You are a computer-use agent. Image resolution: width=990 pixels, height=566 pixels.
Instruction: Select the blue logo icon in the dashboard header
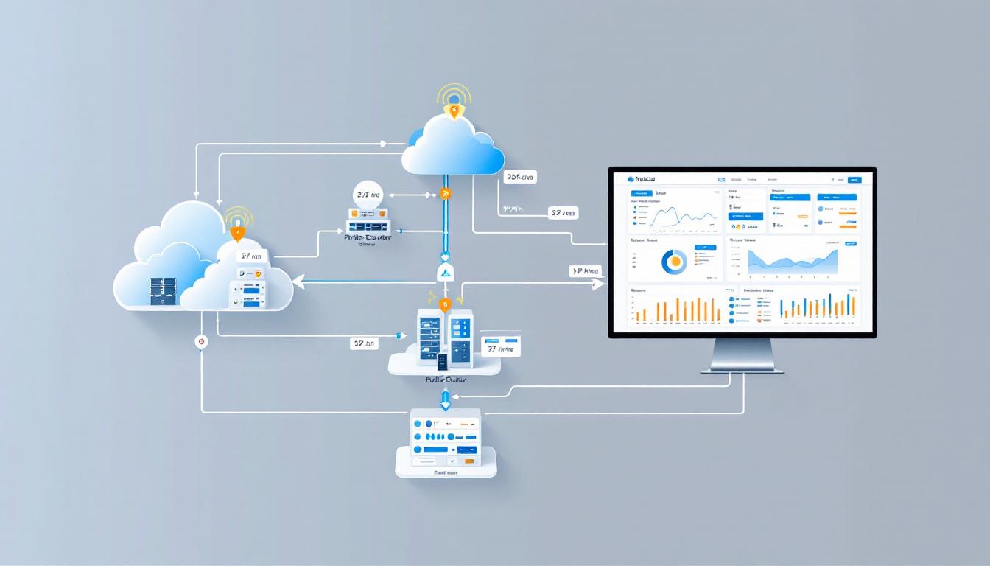(631, 179)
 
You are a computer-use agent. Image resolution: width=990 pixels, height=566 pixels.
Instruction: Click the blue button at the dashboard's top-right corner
(854, 179)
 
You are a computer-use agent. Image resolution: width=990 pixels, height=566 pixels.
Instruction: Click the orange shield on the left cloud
(237, 234)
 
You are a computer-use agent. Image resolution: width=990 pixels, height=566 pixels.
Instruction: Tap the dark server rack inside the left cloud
(164, 290)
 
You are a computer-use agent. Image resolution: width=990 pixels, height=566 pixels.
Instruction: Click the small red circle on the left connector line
(201, 342)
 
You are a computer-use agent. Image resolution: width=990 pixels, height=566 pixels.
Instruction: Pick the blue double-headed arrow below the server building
(445, 399)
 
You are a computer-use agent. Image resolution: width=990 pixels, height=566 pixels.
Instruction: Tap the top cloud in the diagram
(452, 147)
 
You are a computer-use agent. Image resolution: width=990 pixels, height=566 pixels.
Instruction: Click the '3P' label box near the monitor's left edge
(586, 271)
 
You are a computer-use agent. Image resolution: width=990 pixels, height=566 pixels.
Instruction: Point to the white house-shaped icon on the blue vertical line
(445, 273)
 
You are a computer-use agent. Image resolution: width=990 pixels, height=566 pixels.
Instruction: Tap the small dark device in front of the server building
(443, 361)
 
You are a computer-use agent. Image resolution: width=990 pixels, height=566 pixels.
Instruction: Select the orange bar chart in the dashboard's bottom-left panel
(678, 310)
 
